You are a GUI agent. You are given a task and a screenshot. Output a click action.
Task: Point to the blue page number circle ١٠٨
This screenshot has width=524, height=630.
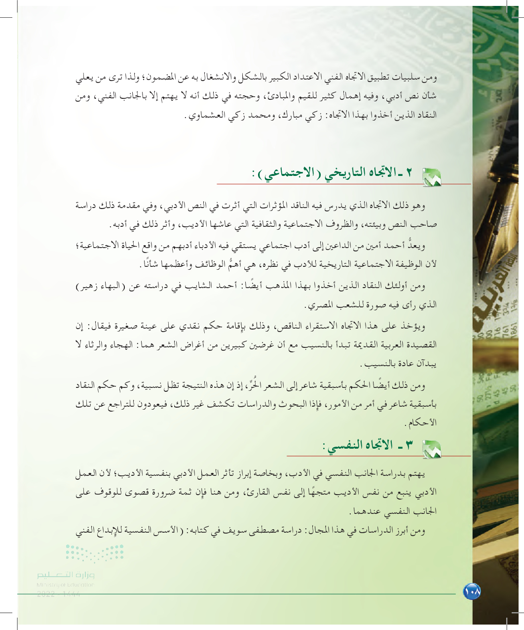click(472, 591)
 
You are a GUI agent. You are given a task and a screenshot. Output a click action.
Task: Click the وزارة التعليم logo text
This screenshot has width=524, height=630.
click(66, 575)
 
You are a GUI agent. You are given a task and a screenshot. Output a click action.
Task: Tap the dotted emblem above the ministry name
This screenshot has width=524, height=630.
click(95, 552)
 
